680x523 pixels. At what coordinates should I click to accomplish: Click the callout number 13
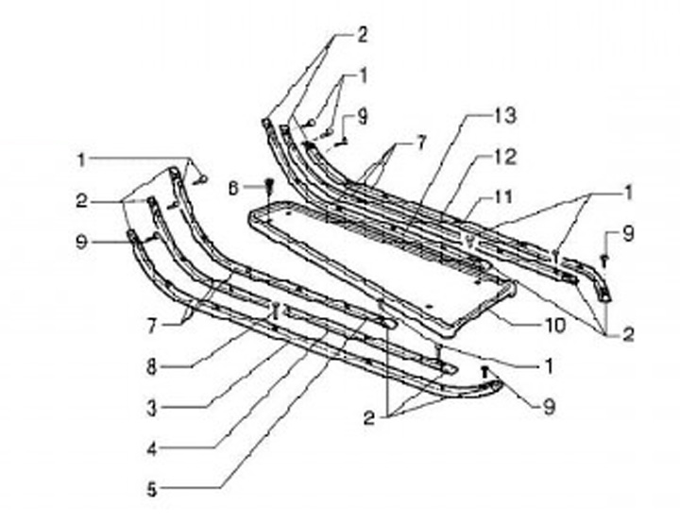(505, 116)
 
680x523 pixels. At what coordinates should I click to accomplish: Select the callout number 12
(505, 158)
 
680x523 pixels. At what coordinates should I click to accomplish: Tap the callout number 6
(235, 188)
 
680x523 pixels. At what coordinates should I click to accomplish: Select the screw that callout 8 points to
(274, 309)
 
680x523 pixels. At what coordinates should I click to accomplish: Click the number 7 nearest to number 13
(420, 143)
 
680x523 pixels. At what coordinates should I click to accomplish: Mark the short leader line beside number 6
(252, 187)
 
